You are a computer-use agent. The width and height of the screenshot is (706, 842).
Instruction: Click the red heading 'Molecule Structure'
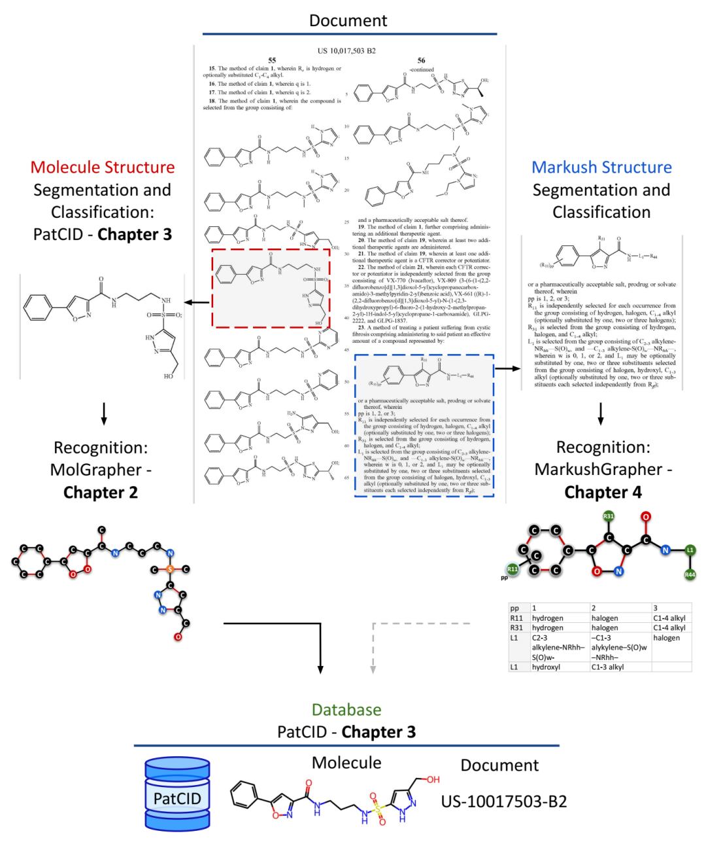pyautogui.click(x=103, y=167)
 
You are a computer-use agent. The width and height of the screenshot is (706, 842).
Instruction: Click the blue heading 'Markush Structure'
pyautogui.click(x=601, y=167)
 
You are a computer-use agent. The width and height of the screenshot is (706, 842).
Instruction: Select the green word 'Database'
pyautogui.click(x=346, y=710)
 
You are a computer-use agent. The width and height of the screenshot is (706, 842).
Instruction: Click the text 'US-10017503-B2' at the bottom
pyautogui.click(x=504, y=801)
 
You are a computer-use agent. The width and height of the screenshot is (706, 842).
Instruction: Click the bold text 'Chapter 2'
pyautogui.click(x=101, y=492)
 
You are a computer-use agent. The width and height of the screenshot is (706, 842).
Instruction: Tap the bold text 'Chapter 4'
pyautogui.click(x=603, y=492)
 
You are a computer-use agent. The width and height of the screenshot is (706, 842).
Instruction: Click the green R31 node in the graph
pyautogui.click(x=609, y=516)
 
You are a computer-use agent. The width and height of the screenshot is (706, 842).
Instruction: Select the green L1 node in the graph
pyautogui.click(x=690, y=550)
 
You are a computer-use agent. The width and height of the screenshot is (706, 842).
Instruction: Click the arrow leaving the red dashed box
pyautogui.click(x=197, y=302)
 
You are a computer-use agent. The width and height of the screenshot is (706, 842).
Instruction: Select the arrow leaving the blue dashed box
pyautogui.click(x=507, y=369)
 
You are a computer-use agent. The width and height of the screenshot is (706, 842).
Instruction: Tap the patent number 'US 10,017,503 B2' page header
pyautogui.click(x=346, y=50)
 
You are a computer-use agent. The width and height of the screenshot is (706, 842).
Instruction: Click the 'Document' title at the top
pyautogui.click(x=348, y=20)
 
